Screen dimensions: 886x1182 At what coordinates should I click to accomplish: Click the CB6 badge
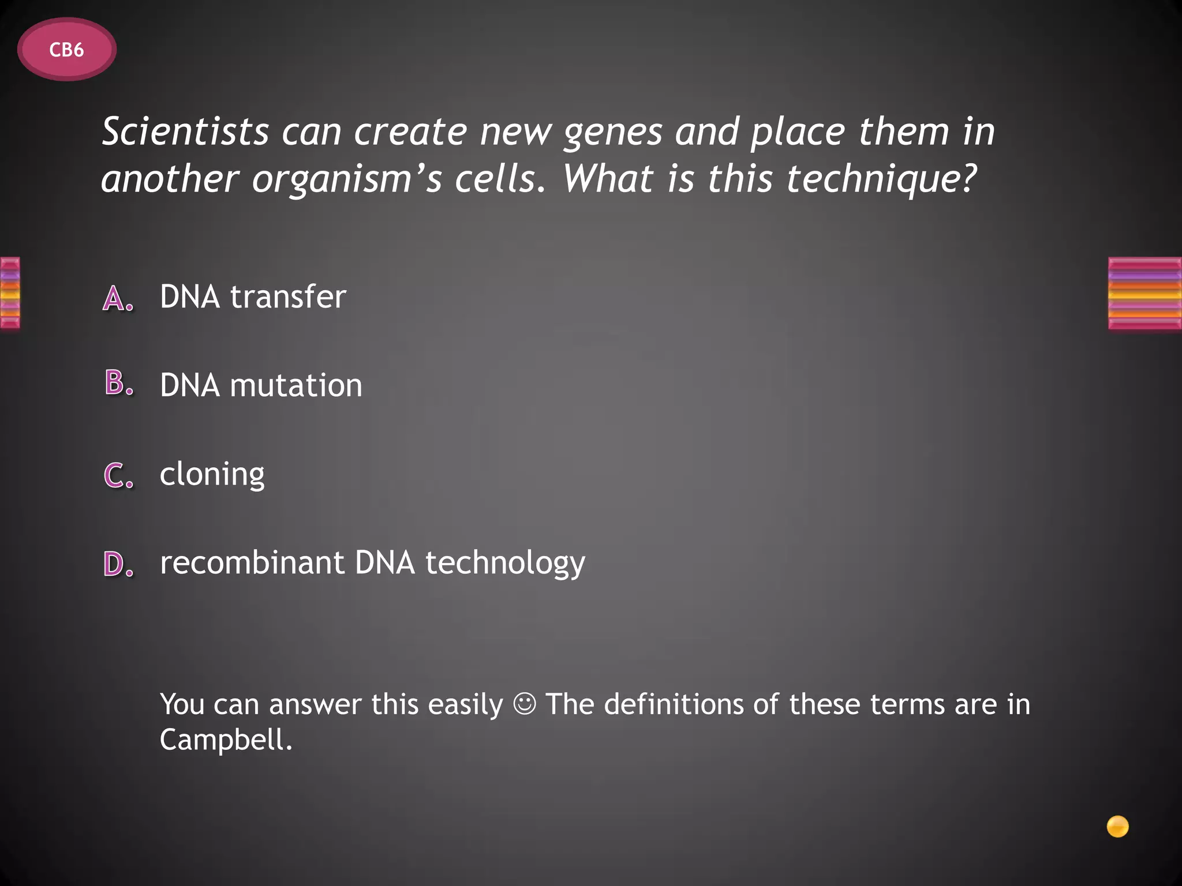coord(66,50)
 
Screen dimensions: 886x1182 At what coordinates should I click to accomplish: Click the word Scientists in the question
coord(185,132)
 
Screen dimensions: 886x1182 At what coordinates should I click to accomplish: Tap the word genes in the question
coord(613,133)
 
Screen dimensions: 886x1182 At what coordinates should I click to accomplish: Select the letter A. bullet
coord(118,299)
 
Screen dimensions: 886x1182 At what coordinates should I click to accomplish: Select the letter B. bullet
coord(119,383)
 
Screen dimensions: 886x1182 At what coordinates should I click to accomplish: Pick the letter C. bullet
coord(119,475)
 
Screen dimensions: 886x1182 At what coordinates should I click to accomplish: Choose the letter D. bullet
coord(119,564)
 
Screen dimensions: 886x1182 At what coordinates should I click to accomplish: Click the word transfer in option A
coord(288,296)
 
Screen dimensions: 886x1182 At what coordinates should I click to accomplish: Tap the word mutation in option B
coord(296,385)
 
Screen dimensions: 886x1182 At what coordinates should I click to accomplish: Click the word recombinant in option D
coord(252,562)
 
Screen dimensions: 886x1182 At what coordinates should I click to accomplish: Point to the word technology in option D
coord(505,564)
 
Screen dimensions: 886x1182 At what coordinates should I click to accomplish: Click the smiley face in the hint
coord(524,704)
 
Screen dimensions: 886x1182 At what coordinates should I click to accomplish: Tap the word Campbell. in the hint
coord(226,739)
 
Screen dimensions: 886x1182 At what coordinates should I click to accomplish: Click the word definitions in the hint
coord(674,704)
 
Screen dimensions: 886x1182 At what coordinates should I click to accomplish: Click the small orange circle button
coord(1117,827)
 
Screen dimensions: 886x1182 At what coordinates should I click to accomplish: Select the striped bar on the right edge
coord(1144,294)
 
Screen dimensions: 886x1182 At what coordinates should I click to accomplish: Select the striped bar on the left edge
coord(10,293)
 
